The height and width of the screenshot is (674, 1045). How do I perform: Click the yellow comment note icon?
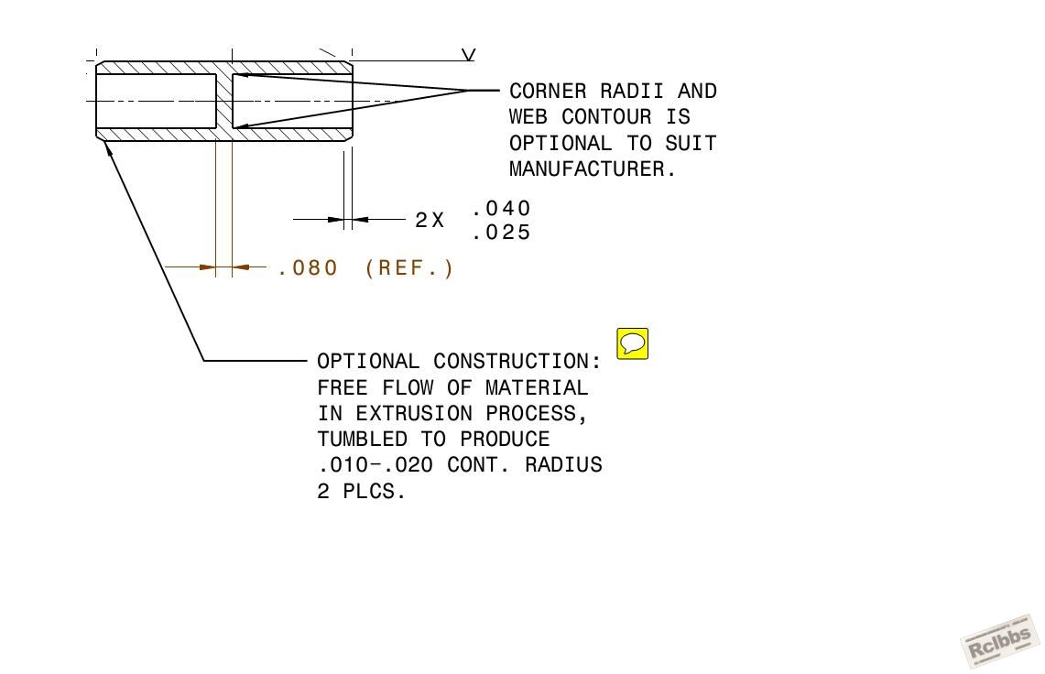click(x=633, y=343)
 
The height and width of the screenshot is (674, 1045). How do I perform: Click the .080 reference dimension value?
click(x=308, y=268)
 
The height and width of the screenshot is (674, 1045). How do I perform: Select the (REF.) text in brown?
click(x=409, y=268)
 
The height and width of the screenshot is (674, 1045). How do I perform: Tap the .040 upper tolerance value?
click(x=501, y=209)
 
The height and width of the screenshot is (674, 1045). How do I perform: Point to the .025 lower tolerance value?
click(x=501, y=233)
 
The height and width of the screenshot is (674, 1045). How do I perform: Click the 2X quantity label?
click(x=430, y=220)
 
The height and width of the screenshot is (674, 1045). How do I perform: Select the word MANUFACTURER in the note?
click(x=586, y=169)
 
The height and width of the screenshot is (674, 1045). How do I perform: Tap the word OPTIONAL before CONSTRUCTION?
click(x=368, y=362)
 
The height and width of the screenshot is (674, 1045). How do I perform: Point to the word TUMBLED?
click(x=362, y=440)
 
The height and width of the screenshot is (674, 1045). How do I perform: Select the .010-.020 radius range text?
click(x=376, y=464)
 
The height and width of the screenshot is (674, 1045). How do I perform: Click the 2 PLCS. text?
click(x=361, y=492)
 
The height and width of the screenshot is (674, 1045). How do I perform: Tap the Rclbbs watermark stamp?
click(x=1000, y=641)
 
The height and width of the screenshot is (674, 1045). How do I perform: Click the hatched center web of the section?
click(x=223, y=102)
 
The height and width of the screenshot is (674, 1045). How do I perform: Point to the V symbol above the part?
click(x=469, y=55)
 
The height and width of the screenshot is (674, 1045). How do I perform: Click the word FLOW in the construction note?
click(x=408, y=387)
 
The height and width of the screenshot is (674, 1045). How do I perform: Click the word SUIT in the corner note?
click(x=691, y=144)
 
